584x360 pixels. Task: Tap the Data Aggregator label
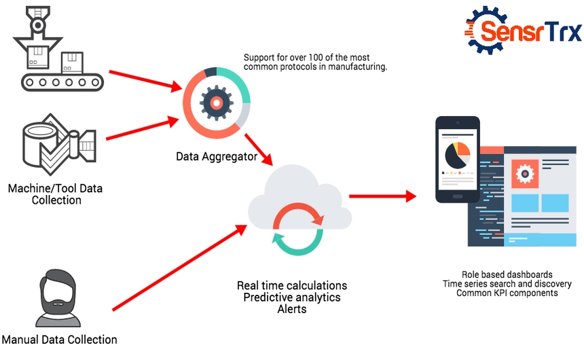click(216, 157)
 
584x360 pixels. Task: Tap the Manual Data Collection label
click(59, 340)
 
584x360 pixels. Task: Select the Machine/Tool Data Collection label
click(56, 194)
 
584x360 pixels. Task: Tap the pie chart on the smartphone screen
click(457, 155)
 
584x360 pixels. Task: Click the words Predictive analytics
click(292, 298)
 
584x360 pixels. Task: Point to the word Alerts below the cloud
click(292, 309)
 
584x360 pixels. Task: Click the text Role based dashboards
click(507, 274)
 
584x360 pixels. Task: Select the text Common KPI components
click(507, 293)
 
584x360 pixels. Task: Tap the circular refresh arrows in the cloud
click(296, 228)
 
